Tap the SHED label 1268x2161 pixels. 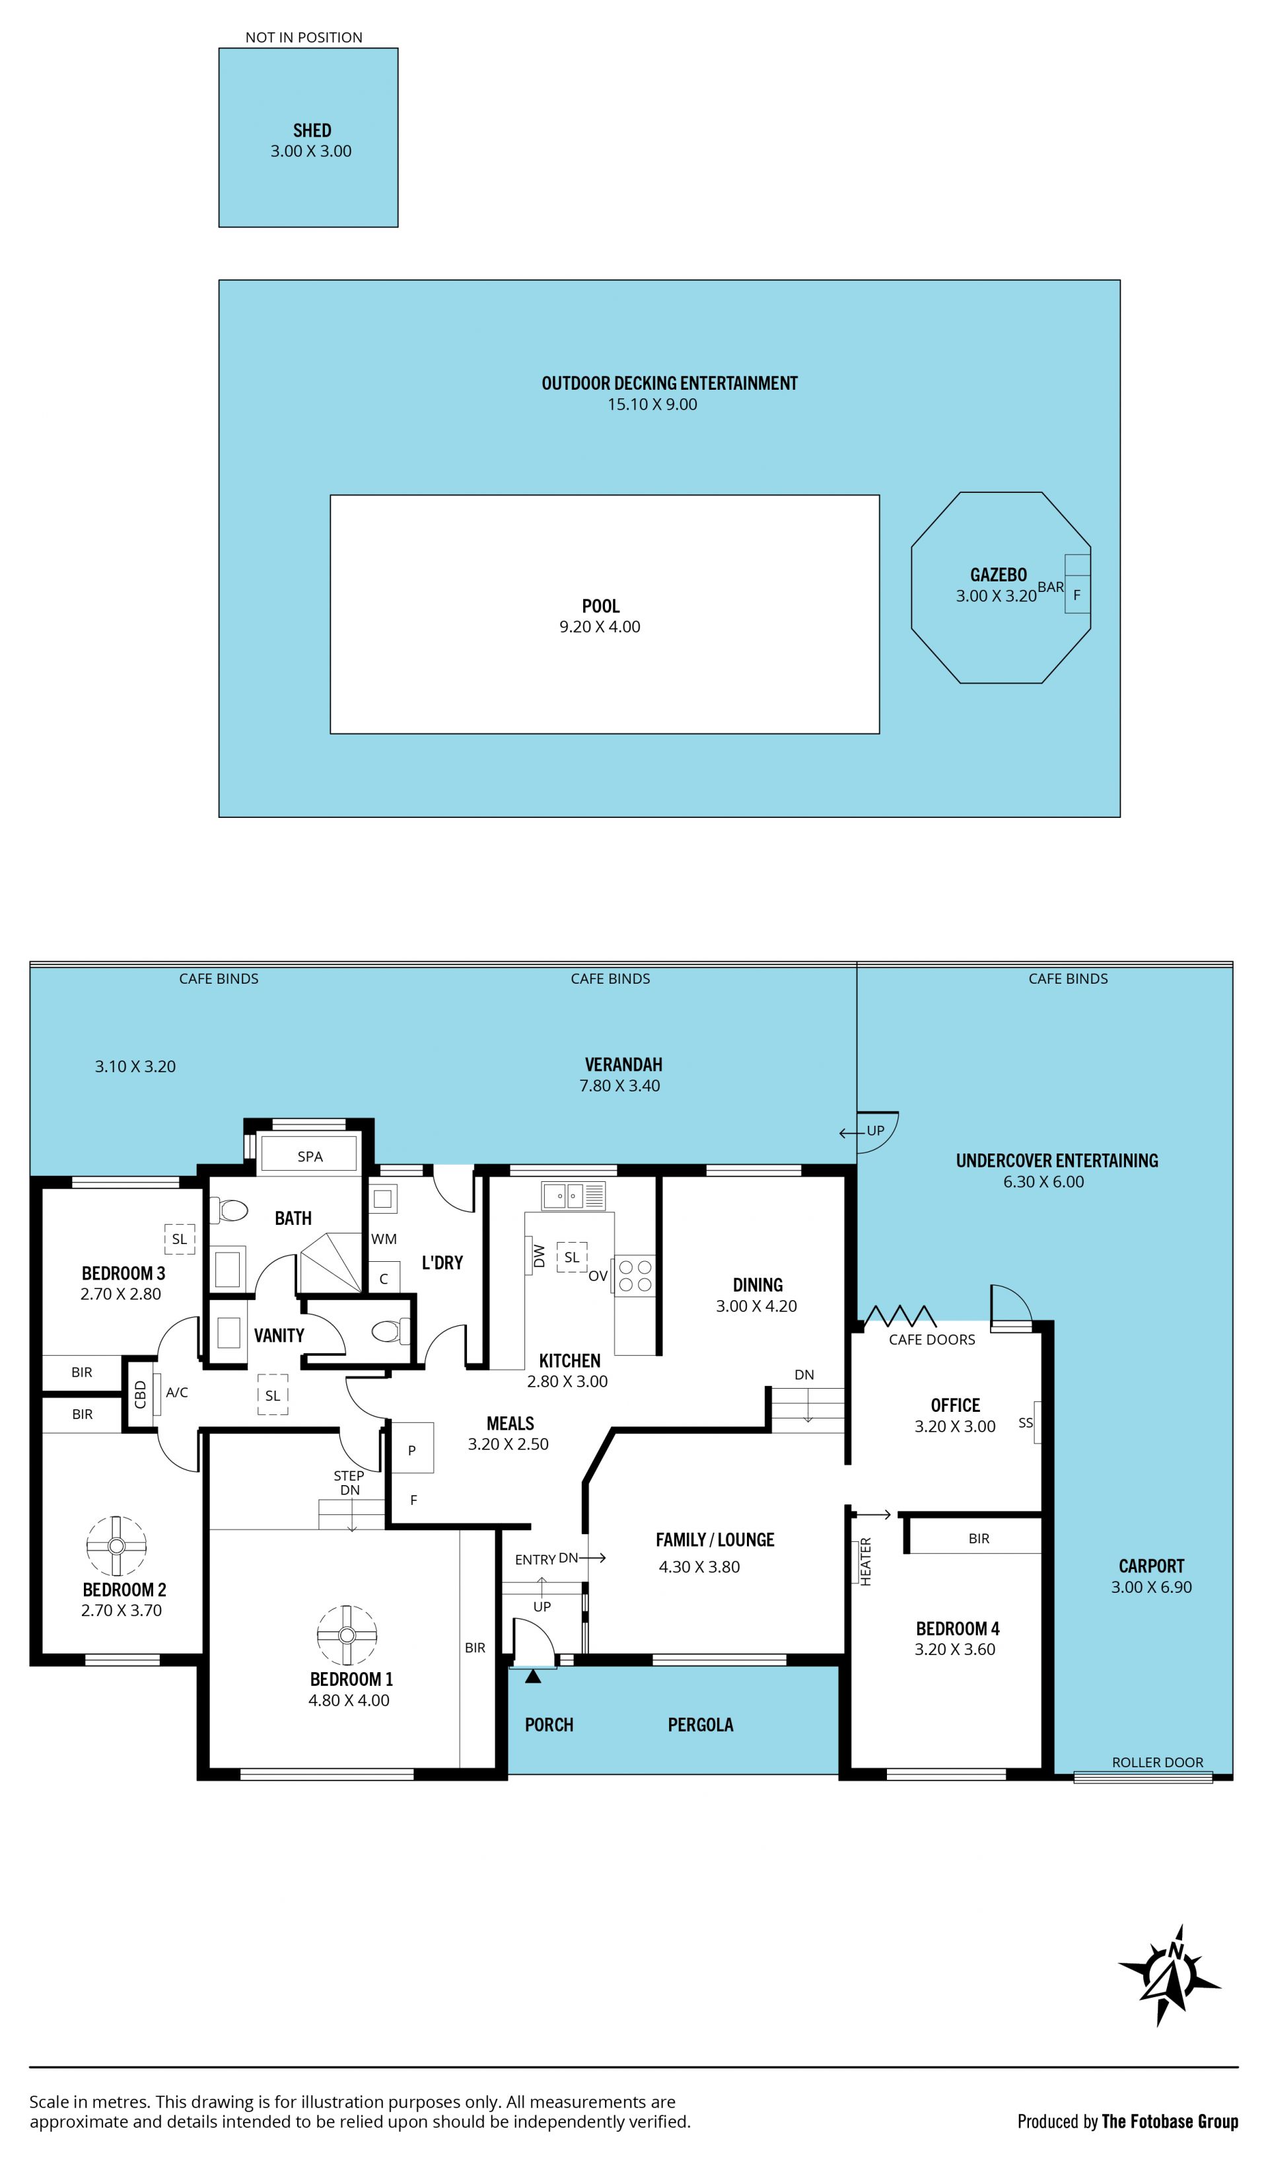[x=312, y=130]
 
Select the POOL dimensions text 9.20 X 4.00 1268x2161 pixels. [x=600, y=627]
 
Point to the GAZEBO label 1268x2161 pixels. [x=999, y=575]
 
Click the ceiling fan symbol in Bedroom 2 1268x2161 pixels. [x=117, y=1546]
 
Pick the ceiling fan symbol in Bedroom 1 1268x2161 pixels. [x=347, y=1635]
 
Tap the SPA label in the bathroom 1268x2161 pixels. [x=310, y=1157]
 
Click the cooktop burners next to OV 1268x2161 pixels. [x=635, y=1275]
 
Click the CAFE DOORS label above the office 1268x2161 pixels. [x=932, y=1340]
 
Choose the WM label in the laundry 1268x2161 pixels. [x=384, y=1239]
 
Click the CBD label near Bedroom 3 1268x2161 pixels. [x=141, y=1393]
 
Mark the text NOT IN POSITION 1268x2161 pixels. [x=304, y=37]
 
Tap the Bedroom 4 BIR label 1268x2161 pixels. [x=979, y=1539]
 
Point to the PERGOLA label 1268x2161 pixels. [x=701, y=1724]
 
